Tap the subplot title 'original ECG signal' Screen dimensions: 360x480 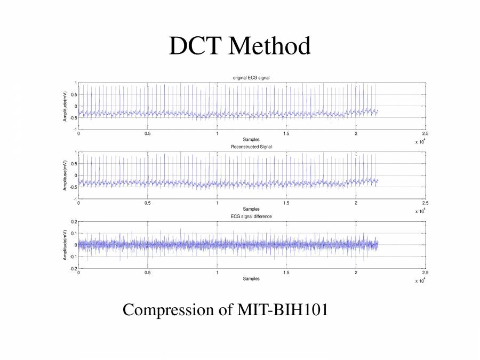coord(251,78)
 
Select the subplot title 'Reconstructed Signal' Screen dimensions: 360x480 coord(251,147)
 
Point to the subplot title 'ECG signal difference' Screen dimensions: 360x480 coord(251,217)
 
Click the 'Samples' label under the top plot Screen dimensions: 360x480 coord(251,139)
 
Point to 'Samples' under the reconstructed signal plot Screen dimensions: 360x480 coord(251,209)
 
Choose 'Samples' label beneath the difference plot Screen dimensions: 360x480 coord(251,278)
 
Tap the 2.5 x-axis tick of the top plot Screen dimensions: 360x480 coord(425,134)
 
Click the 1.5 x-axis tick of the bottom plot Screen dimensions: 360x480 coord(286,273)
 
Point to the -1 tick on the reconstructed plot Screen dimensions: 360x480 coord(75,199)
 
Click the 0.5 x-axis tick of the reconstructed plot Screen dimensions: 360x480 coord(148,203)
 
